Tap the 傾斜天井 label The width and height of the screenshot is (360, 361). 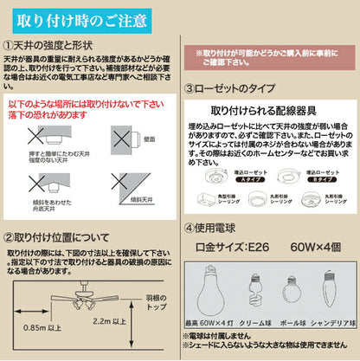pyautogui.click(x=148, y=199)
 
